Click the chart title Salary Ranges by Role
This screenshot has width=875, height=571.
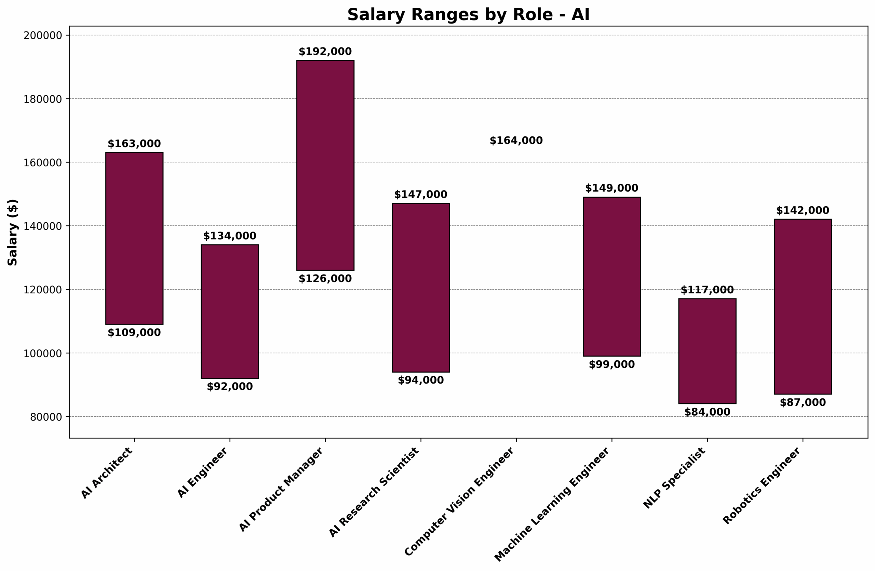[468, 15]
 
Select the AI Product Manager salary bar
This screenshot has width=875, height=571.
[325, 165]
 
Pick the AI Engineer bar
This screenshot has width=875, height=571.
[230, 311]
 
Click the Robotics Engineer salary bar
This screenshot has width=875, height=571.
[803, 306]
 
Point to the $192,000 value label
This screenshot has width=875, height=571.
[325, 52]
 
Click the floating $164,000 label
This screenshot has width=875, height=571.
[516, 140]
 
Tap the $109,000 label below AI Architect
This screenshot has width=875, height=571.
[134, 333]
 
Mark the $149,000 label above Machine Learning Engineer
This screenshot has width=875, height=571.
[611, 188]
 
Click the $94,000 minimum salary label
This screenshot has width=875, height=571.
[421, 380]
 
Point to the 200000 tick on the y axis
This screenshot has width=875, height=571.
[43, 36]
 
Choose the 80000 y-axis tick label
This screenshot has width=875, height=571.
[45, 417]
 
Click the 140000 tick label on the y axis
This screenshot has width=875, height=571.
[43, 226]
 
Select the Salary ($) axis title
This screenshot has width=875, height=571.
[13, 232]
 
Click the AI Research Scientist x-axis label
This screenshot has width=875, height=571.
[374, 492]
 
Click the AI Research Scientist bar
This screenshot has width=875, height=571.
[421, 288]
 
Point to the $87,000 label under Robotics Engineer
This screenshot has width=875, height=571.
[803, 402]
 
